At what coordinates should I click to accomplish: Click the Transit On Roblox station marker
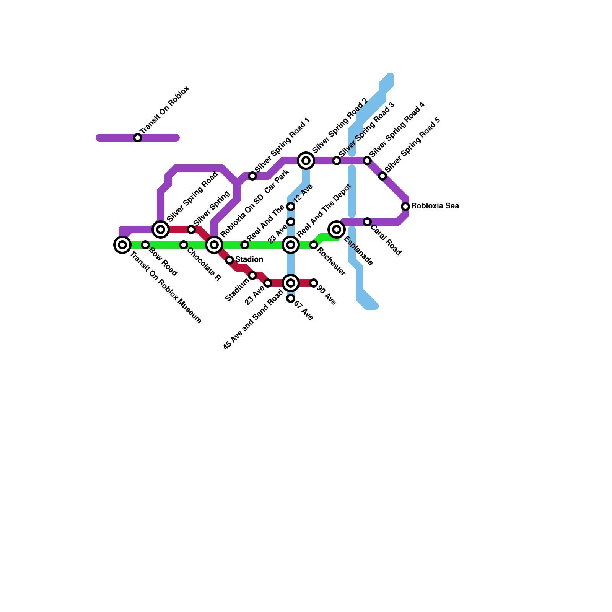[138, 138]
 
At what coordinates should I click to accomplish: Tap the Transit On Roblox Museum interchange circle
[122, 244]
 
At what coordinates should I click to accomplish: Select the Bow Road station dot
[145, 245]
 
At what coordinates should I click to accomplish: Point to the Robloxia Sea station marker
[405, 207]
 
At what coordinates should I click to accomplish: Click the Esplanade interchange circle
[337, 229]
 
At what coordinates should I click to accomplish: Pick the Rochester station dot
[314, 245]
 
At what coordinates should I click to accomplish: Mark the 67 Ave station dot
[291, 298]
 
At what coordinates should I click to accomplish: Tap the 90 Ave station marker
[314, 283]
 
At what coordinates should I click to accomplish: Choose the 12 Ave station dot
[291, 207]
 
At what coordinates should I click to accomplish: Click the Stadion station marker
[229, 260]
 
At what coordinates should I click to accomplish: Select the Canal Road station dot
[367, 222]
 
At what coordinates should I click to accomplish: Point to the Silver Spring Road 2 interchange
[306, 161]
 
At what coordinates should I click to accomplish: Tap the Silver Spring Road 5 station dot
[382, 176]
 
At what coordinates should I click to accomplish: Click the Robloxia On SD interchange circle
[214, 245]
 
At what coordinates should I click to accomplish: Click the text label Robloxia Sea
[435, 206]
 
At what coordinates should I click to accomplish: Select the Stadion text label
[249, 260]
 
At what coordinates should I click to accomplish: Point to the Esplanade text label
[358, 251]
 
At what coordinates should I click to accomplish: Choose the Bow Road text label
[163, 262]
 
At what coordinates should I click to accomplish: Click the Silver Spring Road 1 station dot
[252, 176]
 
